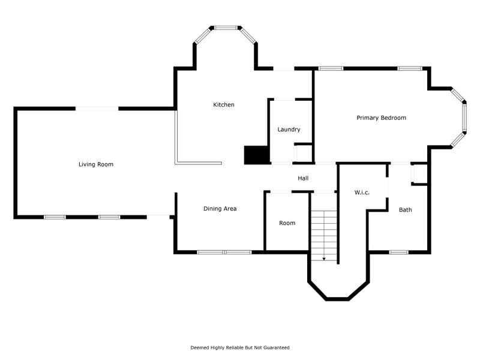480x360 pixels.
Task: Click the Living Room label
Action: [96, 164]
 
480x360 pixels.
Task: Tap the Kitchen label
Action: [224, 105]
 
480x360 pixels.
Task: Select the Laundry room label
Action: [289, 130]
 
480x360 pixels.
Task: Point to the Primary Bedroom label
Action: [381, 118]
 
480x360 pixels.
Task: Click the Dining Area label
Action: [220, 209]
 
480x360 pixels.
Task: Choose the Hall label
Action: [303, 178]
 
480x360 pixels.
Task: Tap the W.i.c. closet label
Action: [362, 193]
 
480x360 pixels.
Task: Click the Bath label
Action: [406, 210]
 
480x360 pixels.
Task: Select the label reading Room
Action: [287, 223]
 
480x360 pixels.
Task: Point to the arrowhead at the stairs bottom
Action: [324, 259]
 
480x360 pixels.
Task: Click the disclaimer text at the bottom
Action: [240, 347]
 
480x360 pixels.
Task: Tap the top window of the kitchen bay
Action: [226, 28]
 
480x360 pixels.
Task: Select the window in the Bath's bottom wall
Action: [398, 252]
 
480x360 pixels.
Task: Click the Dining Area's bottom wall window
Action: [224, 252]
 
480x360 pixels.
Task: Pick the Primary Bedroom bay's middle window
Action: [464, 117]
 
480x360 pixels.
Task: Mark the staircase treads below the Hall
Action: [324, 231]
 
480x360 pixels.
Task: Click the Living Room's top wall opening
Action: [97, 109]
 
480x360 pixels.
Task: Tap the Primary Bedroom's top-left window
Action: [331, 68]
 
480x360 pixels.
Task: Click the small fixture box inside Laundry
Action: [303, 153]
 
